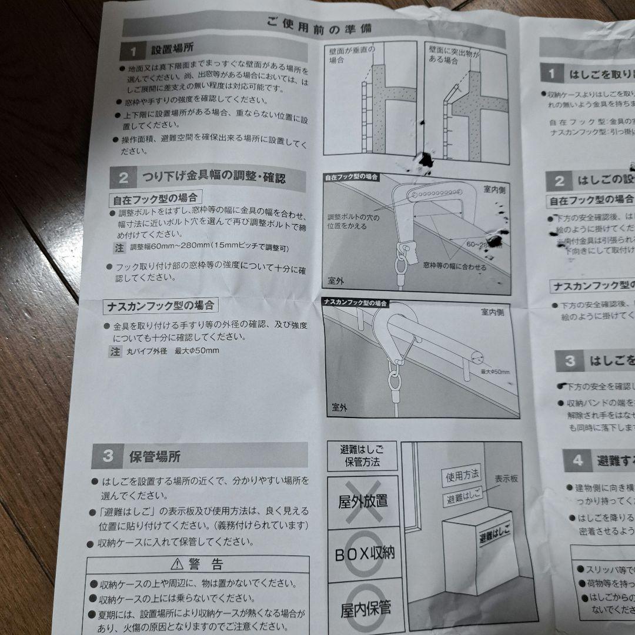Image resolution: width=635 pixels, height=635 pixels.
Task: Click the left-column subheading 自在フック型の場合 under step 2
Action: coord(155,198)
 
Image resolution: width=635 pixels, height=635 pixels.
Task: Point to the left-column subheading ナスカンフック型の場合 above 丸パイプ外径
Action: coord(160,306)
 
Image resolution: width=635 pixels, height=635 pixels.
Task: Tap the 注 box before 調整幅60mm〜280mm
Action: coord(119,248)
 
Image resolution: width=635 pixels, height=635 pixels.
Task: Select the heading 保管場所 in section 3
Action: coord(155,456)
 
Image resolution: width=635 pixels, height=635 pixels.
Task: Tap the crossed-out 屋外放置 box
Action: coord(362,502)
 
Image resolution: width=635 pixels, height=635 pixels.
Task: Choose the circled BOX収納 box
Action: coord(365,553)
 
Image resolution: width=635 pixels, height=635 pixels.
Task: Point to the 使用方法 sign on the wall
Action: coord(462,474)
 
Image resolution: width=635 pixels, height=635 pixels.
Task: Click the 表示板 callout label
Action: coord(506,479)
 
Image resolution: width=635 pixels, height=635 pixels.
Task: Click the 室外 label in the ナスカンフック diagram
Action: coord(340,407)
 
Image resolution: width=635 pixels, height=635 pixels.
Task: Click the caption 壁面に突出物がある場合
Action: coord(453,55)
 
